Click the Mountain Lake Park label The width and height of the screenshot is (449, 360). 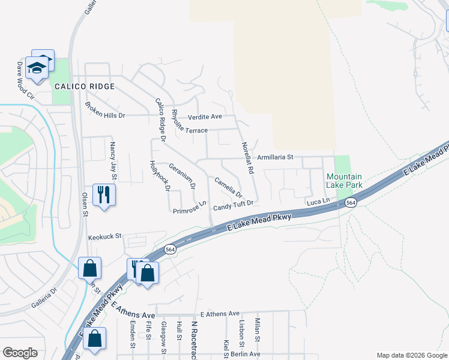coord(344,181)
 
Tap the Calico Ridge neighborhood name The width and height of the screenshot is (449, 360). coord(84,86)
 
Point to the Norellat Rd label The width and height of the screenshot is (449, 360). coord(247,158)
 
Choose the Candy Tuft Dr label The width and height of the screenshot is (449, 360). coord(234,205)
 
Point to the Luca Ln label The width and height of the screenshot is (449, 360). coord(319,202)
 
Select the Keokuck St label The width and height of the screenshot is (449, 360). coord(105,236)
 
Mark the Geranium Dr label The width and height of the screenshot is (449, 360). coord(182,176)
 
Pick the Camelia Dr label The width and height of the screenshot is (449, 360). coord(228,187)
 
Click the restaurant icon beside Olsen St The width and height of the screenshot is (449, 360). coord(104,194)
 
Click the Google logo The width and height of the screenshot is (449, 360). coord(20,353)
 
